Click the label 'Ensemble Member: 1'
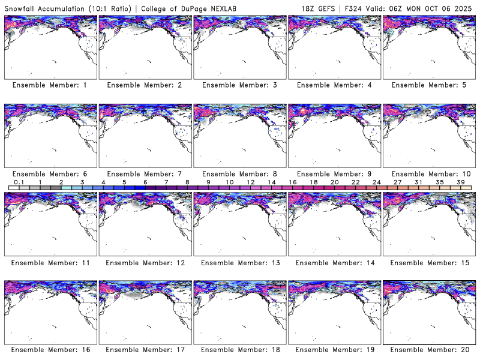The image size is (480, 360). point(50,85)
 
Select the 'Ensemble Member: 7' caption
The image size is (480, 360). point(145,173)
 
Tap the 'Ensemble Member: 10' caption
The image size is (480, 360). point(428,173)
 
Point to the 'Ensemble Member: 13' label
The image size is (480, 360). point(239,262)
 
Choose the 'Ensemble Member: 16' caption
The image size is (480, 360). point(50,350)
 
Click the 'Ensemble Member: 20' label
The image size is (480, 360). point(428,350)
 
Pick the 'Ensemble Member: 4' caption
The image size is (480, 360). point(334,85)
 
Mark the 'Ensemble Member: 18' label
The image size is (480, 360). point(239,350)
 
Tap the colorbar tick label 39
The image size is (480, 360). point(461,182)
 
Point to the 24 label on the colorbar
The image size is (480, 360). point(376,182)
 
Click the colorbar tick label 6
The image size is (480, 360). point(145,182)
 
